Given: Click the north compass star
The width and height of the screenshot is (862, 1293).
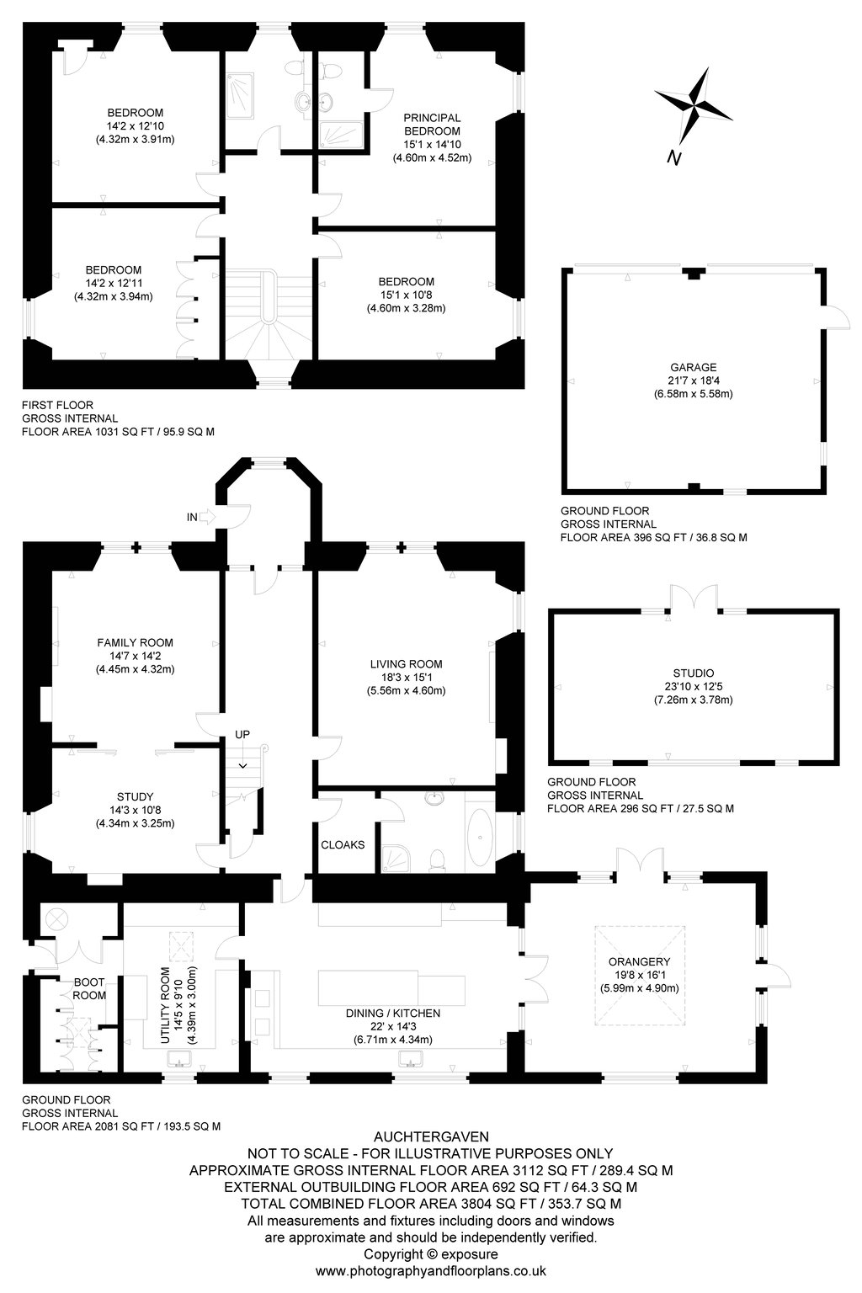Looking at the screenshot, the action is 694,106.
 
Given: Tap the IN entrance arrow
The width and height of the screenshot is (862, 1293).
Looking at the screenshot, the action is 207,517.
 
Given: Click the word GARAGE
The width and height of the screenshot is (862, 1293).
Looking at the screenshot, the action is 694,367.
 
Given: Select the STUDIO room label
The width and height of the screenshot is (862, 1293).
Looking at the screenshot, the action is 694,673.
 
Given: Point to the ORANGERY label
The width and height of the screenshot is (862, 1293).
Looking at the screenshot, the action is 639,961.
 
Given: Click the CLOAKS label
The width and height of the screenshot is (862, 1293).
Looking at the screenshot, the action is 343,844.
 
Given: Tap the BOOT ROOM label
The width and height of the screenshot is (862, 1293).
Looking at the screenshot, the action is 89,988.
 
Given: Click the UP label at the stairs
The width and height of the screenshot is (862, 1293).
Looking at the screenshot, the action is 242,734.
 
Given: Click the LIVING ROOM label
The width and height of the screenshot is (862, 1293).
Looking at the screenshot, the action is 407,664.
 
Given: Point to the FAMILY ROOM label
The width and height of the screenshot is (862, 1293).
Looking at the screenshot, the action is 135,642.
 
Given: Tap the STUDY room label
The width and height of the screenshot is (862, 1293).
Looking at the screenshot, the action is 135,796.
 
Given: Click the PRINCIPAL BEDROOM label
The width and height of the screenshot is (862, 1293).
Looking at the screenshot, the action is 432,124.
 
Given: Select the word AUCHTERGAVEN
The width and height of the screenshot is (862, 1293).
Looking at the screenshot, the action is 431,1136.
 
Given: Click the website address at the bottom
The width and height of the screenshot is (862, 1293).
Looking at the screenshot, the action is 431,1270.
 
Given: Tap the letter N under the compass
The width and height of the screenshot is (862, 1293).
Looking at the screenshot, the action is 673,157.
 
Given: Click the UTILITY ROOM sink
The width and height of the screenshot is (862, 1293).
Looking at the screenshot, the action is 180,1059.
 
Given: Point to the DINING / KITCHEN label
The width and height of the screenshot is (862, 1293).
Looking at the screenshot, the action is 393,1013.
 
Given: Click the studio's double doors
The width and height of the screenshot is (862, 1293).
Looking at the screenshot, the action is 694,598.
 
